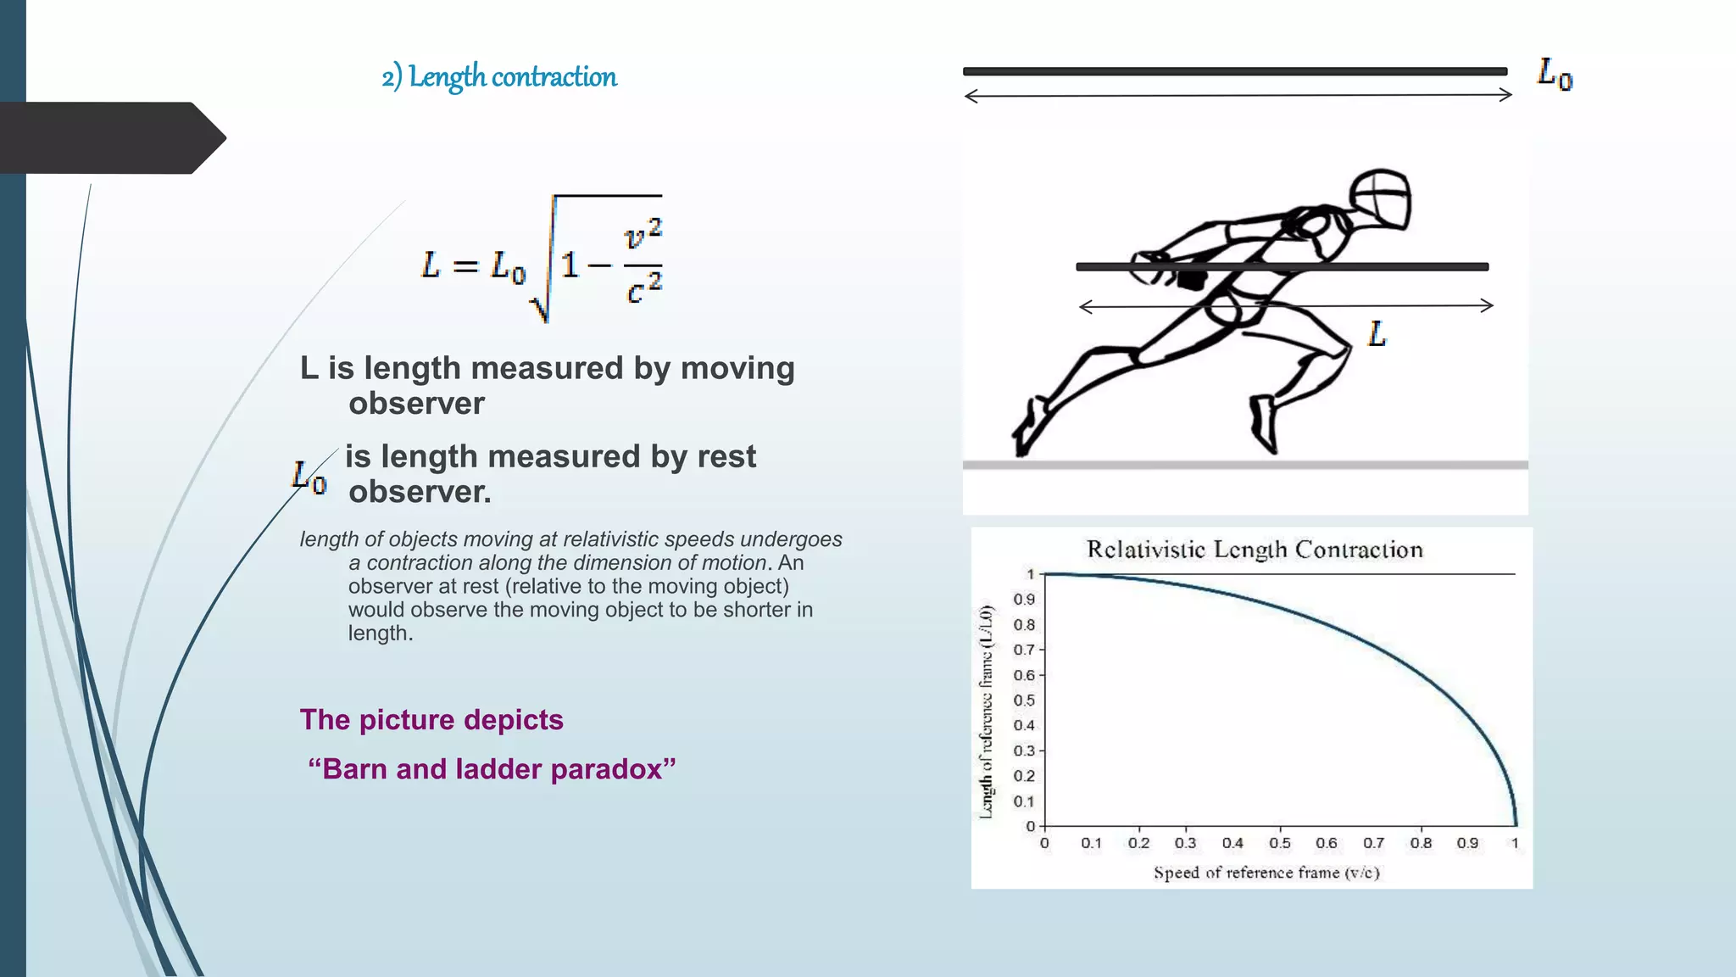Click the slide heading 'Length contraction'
coord(512,77)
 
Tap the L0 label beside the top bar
coord(1555,74)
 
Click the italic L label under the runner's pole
coord(1377,334)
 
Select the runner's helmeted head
coord(1380,198)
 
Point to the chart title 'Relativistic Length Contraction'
coord(1255,550)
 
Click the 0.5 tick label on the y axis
coord(1024,701)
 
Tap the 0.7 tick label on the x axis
coord(1373,843)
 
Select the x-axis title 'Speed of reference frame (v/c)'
coord(1266,873)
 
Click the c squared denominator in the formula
coord(643,289)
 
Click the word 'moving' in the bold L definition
coord(737,368)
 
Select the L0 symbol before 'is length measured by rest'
coord(309,477)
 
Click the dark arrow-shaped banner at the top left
coord(110,138)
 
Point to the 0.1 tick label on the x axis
coord(1091,843)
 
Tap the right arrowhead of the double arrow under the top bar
coord(1505,95)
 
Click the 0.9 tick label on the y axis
coord(1024,600)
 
